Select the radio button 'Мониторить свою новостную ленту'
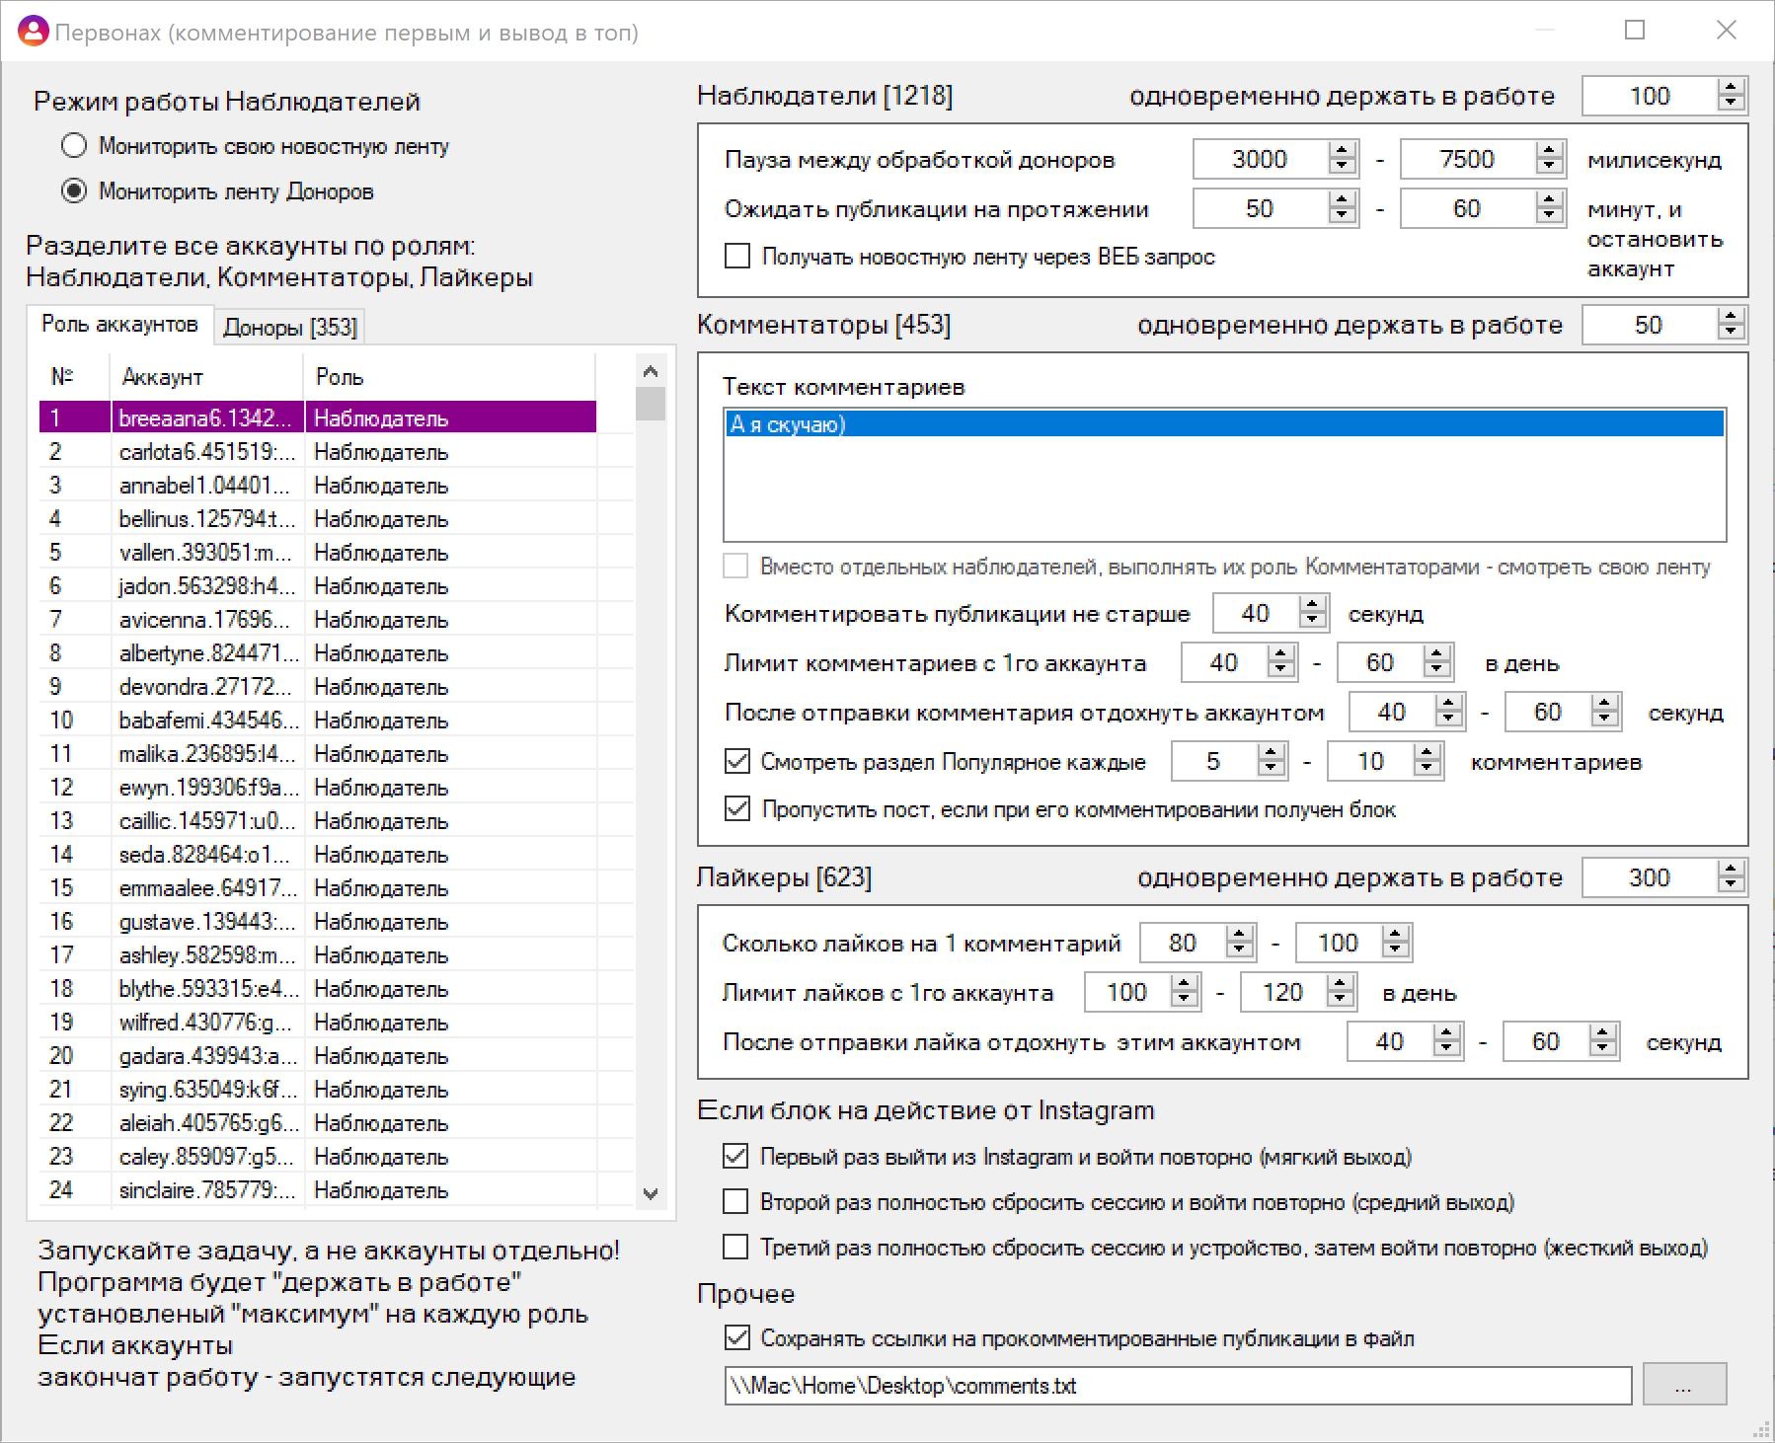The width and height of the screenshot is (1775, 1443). pyautogui.click(x=74, y=146)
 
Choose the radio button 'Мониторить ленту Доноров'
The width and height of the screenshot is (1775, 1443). pyautogui.click(x=74, y=190)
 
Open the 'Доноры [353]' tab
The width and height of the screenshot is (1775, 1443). pyautogui.click(x=290, y=327)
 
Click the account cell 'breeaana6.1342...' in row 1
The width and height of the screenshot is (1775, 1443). pyautogui.click(x=205, y=418)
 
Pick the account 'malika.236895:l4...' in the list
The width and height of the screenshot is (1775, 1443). pyautogui.click(x=205, y=753)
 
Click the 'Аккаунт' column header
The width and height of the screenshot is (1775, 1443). pyautogui.click(x=163, y=376)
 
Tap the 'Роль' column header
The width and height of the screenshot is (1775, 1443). pyautogui.click(x=340, y=376)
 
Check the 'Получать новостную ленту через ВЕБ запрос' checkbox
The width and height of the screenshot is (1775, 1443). pyautogui.click(x=737, y=257)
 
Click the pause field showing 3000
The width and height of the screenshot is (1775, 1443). pyautogui.click(x=1260, y=159)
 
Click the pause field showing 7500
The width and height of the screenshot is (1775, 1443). pyautogui.click(x=1467, y=159)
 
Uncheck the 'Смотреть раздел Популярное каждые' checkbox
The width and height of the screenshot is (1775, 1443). pyautogui.click(x=737, y=761)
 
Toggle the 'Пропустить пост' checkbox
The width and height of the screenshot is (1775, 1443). pyautogui.click(x=737, y=809)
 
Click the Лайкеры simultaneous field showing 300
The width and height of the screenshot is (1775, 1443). pyautogui.click(x=1650, y=877)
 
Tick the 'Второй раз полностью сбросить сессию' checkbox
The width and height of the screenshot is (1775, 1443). pyautogui.click(x=735, y=1201)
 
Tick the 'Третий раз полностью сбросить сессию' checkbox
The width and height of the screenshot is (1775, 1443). pyautogui.click(x=735, y=1248)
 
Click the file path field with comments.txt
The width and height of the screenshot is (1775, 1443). pyautogui.click(x=1178, y=1385)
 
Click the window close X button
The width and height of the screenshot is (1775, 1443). pyautogui.click(x=1727, y=31)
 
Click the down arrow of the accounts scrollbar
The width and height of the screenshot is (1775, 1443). pyautogui.click(x=651, y=1193)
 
